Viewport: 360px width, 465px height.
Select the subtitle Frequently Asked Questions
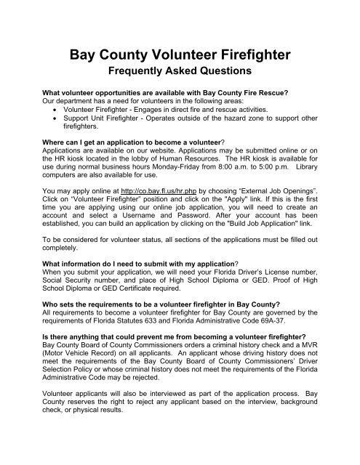180,73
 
